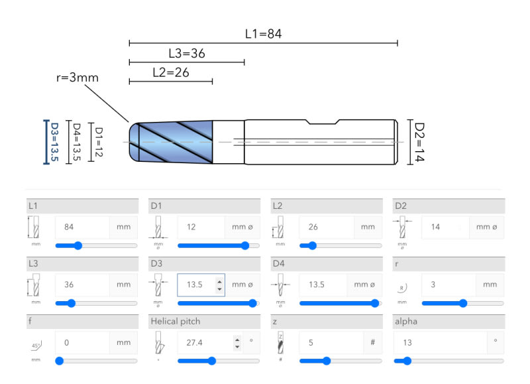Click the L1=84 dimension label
[263, 34]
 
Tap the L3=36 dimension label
[187, 54]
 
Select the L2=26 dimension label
[171, 72]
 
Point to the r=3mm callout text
[78, 78]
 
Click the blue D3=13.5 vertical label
[54, 142]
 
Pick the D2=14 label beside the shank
[419, 142]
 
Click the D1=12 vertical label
[99, 142]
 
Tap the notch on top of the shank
[323, 122]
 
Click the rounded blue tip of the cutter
[134, 142]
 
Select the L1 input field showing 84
[82, 227]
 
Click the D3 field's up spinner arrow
[220, 281]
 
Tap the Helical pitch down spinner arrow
[237, 346]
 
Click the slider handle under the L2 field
[312, 245]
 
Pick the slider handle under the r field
[463, 303]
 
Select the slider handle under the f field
[60, 361]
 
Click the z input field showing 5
[331, 343]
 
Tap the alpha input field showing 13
[441, 343]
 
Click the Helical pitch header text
[176, 322]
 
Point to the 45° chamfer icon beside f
[36, 346]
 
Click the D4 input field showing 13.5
[323, 285]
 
